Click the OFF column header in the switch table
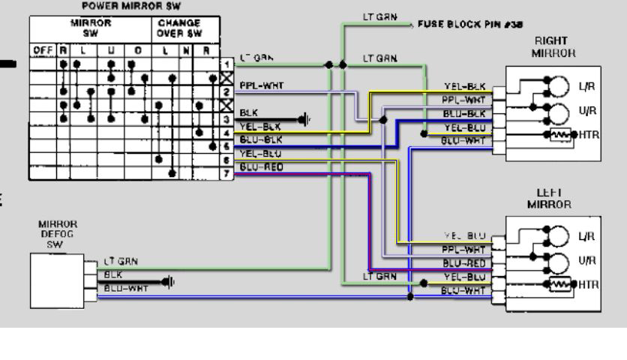(41, 50)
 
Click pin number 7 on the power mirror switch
(225, 174)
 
